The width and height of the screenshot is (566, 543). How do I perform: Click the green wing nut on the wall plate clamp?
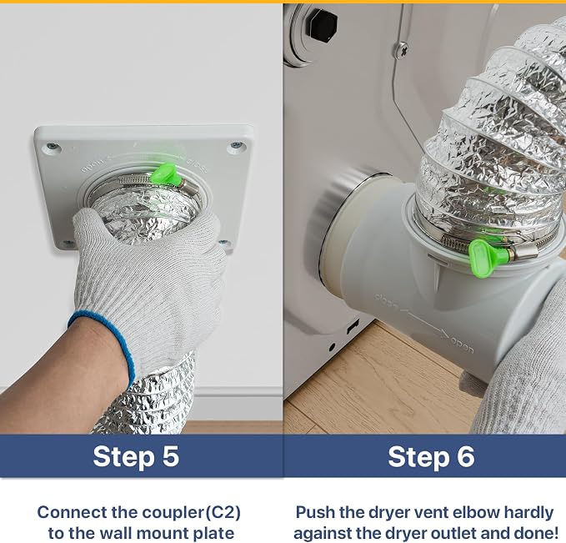tap(164, 173)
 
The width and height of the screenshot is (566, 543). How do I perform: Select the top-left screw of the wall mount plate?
tap(53, 147)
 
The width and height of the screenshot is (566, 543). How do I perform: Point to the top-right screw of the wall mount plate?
tap(237, 145)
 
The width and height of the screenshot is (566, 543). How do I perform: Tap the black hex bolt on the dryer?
tap(323, 25)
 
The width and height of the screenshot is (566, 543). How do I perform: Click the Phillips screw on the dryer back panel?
tap(402, 50)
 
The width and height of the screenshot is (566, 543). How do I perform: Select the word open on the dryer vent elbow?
tap(463, 345)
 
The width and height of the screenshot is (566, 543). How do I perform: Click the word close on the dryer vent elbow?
tap(386, 301)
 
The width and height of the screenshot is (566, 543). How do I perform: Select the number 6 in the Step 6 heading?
tap(466, 456)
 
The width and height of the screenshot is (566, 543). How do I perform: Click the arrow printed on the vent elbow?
tap(424, 323)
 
